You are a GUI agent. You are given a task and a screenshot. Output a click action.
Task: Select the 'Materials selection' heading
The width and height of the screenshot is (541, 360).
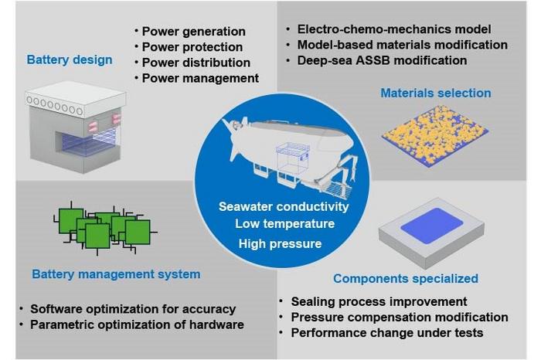click(x=435, y=93)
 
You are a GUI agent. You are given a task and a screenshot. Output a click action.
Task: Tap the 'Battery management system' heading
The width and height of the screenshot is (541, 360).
click(x=116, y=273)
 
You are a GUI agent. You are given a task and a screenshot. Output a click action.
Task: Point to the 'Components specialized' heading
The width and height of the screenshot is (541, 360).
click(x=405, y=278)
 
